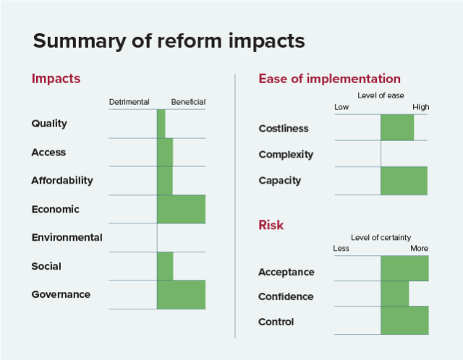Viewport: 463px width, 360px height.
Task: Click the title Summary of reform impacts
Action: tap(169, 40)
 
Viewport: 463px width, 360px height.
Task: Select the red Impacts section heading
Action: tap(56, 79)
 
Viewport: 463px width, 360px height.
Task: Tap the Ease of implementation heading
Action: tap(329, 79)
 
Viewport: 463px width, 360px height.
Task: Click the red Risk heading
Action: tap(271, 225)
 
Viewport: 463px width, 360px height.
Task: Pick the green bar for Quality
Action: tap(161, 124)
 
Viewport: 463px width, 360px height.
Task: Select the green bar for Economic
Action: tap(181, 209)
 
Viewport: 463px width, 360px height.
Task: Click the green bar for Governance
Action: tap(181, 294)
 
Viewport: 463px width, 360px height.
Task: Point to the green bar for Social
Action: tap(165, 266)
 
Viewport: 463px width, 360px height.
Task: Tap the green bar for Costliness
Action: tap(397, 128)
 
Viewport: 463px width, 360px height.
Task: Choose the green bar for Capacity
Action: tap(404, 181)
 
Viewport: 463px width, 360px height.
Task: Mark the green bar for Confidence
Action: tap(394, 293)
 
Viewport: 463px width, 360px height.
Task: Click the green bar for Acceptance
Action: tap(404, 268)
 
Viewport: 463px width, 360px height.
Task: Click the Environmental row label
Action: tap(67, 237)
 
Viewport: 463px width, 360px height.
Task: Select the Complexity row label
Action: tap(286, 155)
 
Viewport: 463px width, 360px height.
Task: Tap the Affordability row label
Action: tap(62, 181)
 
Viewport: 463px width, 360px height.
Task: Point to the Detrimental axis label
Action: tap(129, 102)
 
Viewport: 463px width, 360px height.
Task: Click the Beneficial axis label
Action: tap(188, 102)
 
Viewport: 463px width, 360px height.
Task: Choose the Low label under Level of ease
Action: tap(341, 108)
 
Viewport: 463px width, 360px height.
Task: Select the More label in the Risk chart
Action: tap(419, 249)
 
